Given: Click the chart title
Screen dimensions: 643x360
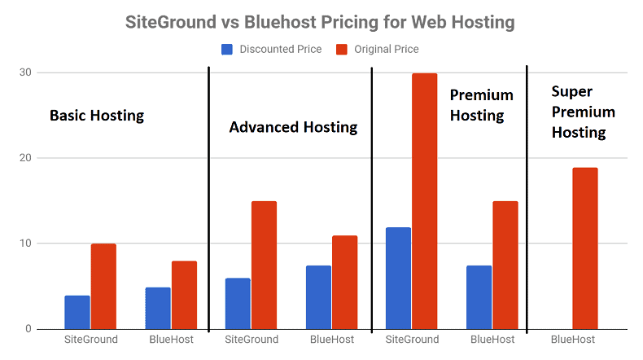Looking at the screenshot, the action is coord(320,22).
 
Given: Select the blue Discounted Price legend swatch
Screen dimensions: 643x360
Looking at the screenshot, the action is coord(227,49).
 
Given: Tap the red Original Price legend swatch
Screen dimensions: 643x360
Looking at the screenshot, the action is coord(342,49).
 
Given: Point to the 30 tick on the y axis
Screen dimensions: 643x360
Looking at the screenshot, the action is coord(25,72).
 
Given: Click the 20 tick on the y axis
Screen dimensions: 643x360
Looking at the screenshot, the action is coord(25,158).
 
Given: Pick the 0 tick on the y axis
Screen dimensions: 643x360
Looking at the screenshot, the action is coord(28,328).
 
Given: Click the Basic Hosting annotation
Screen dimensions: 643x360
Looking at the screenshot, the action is coord(97,116).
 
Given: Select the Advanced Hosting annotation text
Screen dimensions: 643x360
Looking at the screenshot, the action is coord(293,127).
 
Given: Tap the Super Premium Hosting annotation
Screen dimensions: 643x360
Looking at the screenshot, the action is coord(583,112).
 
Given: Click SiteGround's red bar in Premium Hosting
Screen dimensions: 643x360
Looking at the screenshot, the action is coord(424,201).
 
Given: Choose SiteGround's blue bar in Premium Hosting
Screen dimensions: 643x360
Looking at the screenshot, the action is coord(398,279).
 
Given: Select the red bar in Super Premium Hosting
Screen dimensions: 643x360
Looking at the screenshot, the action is coord(585,248).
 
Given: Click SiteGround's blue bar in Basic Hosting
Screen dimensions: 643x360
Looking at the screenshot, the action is coord(77,313).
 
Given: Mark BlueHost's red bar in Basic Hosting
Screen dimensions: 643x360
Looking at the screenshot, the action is coord(184,295).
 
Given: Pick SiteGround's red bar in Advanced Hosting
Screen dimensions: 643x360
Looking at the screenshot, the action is coord(264,266).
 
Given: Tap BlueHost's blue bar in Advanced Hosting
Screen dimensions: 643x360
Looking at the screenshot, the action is coord(318,297).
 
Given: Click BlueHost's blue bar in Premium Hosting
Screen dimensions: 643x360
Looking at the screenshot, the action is coord(479,297).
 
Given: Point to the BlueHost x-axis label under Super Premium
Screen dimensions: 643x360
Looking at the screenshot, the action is coord(572,340).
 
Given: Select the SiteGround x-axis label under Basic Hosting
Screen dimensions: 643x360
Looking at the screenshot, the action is coord(91,340).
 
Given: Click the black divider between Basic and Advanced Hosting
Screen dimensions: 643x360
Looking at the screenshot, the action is coord(208,199).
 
